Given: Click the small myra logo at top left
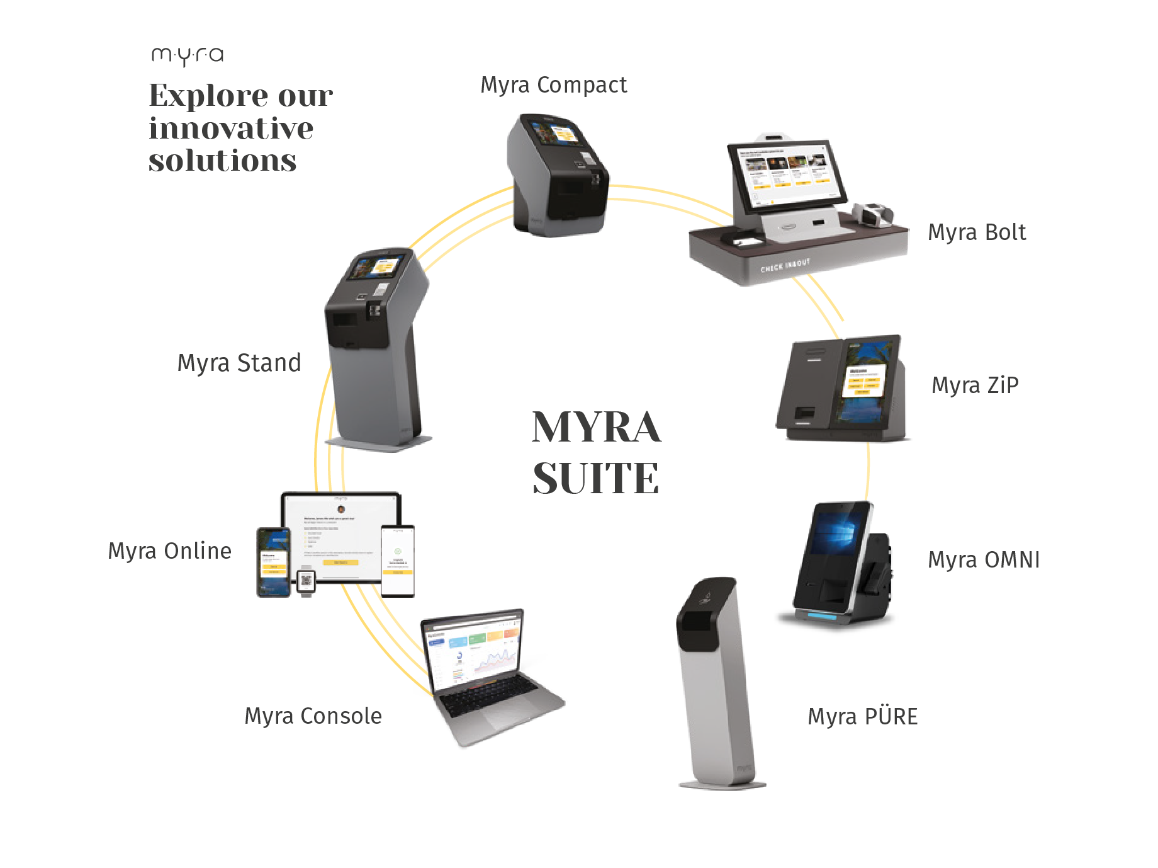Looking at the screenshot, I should pos(188,56).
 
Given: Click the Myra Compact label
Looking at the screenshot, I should pos(553,85).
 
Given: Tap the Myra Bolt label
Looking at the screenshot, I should pos(977,232).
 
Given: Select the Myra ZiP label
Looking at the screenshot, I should pos(975,385).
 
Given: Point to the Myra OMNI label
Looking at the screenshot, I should pos(984,560).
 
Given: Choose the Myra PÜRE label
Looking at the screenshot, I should pos(863,717).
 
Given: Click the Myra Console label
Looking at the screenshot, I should pos(313,716).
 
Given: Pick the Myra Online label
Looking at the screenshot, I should pos(170,551).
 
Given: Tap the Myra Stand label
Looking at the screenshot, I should pos(239,363).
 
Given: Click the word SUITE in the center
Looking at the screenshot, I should pos(595,479).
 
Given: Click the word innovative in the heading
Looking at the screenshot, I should pos(231,128).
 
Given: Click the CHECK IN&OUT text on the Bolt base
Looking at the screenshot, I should pos(785,265).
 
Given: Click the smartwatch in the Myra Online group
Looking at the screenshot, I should pos(306,581).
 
